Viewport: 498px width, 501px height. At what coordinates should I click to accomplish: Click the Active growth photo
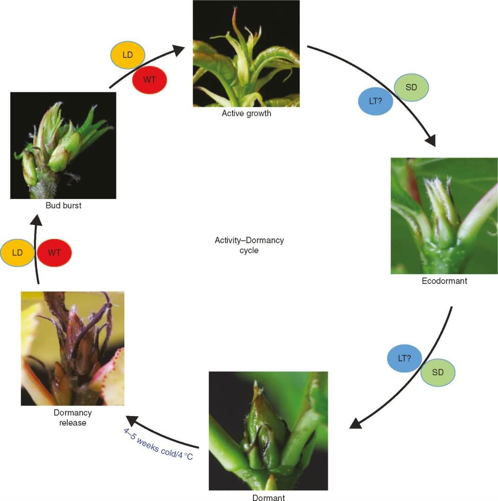click(x=246, y=53)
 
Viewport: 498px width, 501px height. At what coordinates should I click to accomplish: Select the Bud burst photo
click(x=63, y=145)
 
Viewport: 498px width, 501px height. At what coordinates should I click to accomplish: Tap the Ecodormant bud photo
click(x=444, y=216)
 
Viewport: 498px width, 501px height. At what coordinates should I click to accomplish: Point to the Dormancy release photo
click(x=72, y=348)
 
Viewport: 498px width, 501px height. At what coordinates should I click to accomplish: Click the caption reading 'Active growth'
click(x=246, y=113)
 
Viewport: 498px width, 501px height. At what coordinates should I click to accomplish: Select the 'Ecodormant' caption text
click(x=444, y=281)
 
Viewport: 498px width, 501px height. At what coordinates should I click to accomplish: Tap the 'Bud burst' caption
click(x=63, y=205)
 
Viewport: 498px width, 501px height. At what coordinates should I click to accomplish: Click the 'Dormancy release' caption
click(x=72, y=417)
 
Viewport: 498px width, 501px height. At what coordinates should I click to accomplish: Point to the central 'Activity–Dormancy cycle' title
click(x=249, y=245)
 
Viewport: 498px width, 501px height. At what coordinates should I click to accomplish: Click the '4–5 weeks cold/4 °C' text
click(x=158, y=444)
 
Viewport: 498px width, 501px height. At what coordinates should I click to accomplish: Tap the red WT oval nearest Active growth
click(x=149, y=79)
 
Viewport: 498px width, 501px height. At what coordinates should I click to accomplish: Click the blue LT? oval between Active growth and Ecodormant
click(x=375, y=100)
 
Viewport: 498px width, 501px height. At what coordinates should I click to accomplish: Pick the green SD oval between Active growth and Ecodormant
click(x=411, y=87)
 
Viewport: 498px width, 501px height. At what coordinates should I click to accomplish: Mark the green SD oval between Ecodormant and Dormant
click(x=438, y=373)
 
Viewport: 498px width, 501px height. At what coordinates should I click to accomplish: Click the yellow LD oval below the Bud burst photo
click(x=18, y=253)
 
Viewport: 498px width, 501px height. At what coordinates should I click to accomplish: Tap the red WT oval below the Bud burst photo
click(x=54, y=253)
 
